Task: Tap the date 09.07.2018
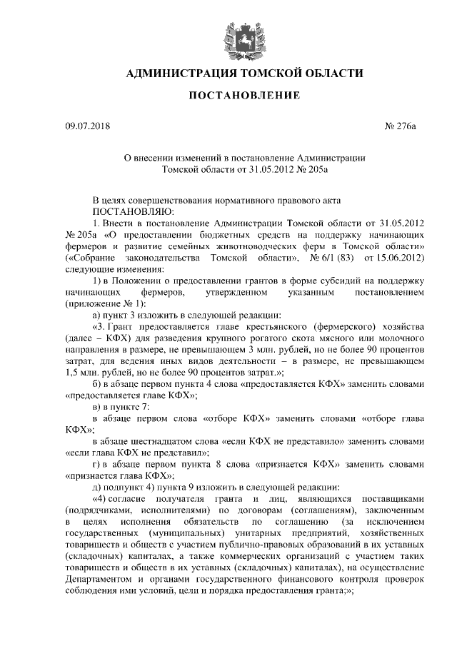coord(85,127)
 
